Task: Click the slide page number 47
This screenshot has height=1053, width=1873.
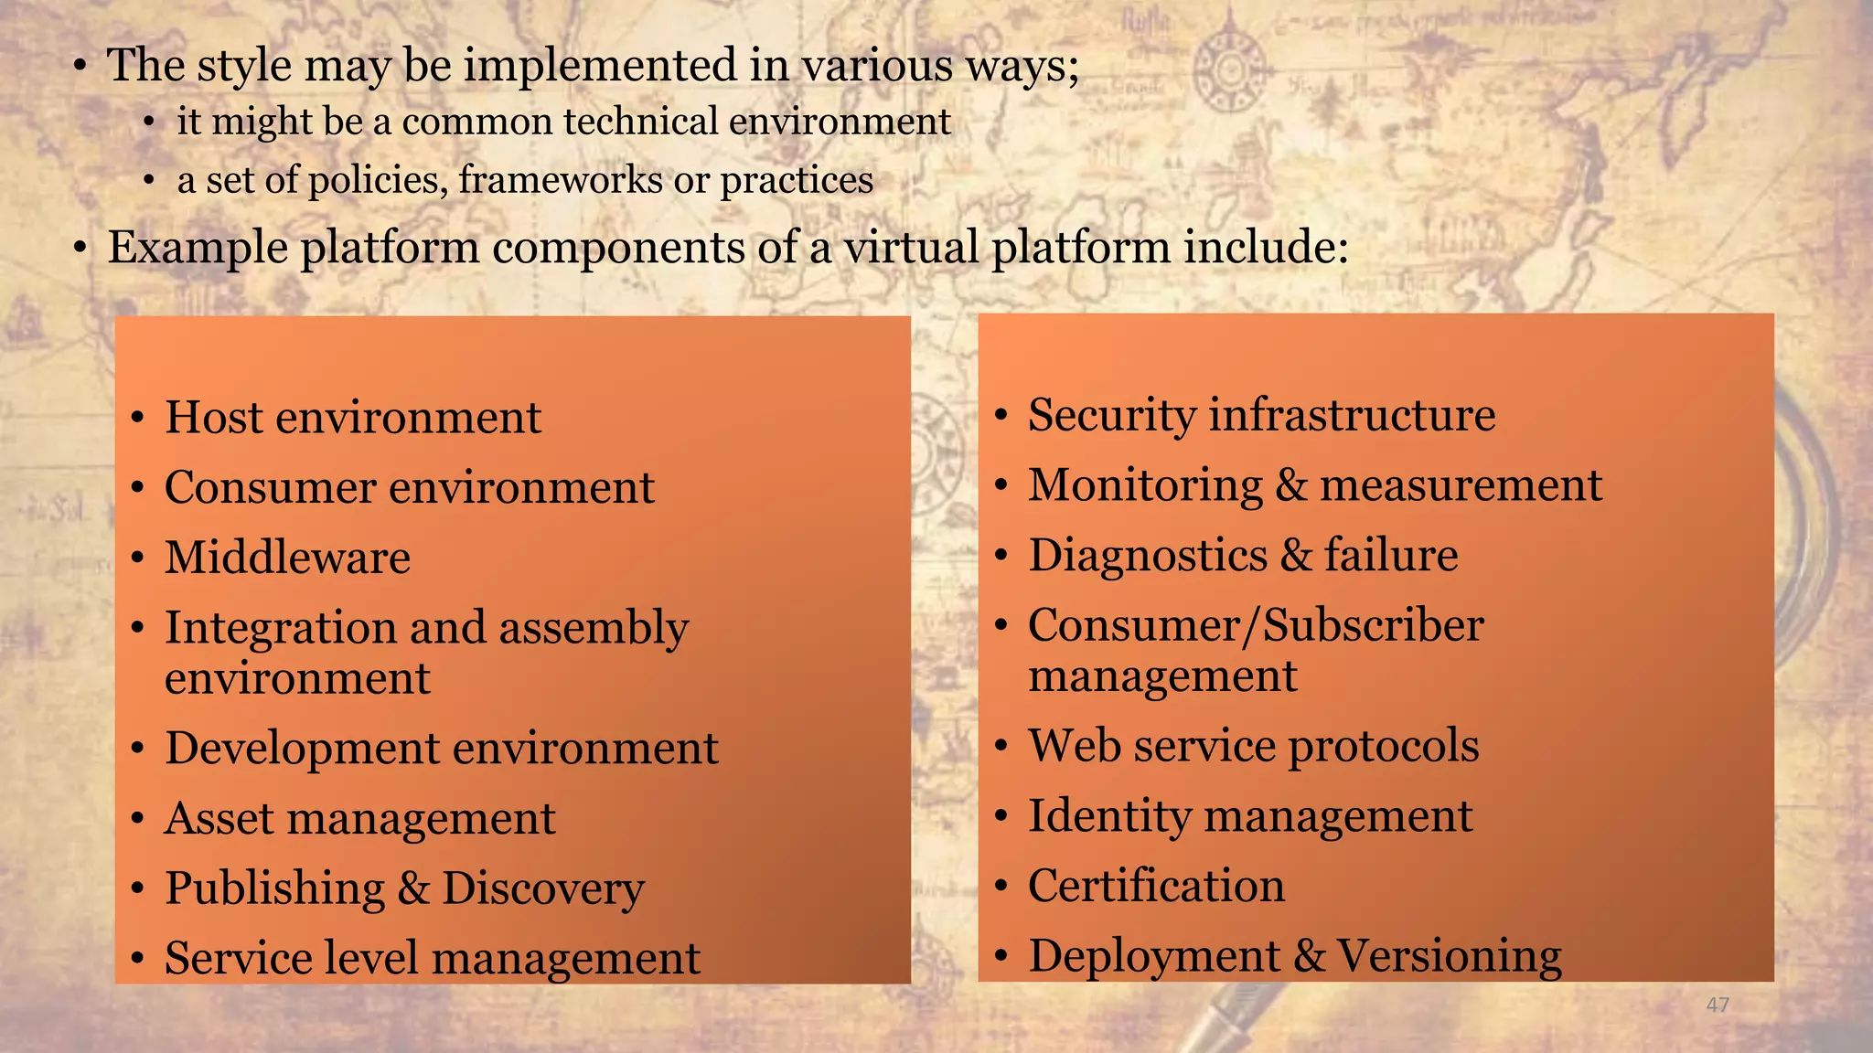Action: point(1718,1005)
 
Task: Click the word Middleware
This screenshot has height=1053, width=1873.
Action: point(287,558)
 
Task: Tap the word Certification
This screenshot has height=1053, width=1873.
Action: point(1156,886)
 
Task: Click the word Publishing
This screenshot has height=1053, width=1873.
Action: point(274,888)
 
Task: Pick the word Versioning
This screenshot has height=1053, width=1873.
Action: point(1449,956)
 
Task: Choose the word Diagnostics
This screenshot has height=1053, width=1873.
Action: point(1146,556)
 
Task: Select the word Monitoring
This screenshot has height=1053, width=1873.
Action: point(1144,485)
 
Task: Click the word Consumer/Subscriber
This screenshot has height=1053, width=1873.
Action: point(1255,626)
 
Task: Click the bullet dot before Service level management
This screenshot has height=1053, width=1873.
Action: point(137,959)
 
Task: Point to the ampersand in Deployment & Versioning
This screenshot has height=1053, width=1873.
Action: point(1309,956)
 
